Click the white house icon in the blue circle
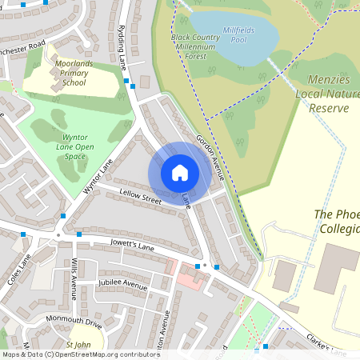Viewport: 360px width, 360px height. (180, 173)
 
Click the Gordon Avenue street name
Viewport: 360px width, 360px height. (210, 155)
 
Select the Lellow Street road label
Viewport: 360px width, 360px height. (141, 196)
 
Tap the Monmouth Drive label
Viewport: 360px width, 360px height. (74, 322)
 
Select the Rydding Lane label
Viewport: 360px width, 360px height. (124, 45)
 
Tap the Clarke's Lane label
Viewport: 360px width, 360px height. (327, 345)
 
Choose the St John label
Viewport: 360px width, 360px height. (79, 345)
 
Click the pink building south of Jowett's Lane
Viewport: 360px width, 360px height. (191, 278)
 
